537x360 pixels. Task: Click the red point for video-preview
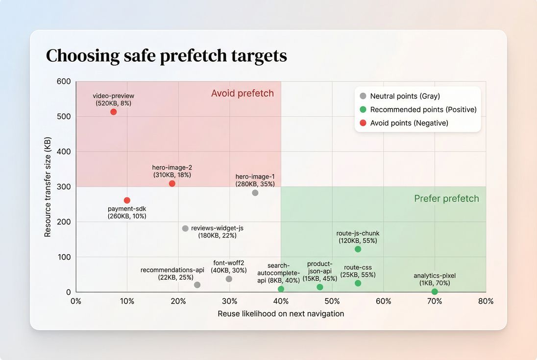(x=114, y=112)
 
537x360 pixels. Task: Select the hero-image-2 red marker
(x=172, y=184)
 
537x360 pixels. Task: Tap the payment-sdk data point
(x=127, y=200)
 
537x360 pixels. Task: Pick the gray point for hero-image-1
(x=255, y=193)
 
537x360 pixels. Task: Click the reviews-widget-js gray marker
(x=185, y=229)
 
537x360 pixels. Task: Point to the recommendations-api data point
(x=197, y=285)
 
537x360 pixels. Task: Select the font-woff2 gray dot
(x=229, y=279)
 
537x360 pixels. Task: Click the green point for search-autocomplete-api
(x=281, y=289)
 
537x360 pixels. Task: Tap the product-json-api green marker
(x=320, y=287)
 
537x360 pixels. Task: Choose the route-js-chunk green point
(x=358, y=249)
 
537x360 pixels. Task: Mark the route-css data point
(x=358, y=283)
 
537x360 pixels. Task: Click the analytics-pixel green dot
(x=435, y=292)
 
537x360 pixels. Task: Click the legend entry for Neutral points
(x=405, y=96)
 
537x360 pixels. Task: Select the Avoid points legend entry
(x=409, y=123)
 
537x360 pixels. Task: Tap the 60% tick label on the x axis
(x=384, y=301)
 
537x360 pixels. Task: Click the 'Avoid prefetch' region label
(x=243, y=94)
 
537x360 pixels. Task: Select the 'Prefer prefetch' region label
(x=446, y=198)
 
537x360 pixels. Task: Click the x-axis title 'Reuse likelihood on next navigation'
(x=281, y=314)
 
